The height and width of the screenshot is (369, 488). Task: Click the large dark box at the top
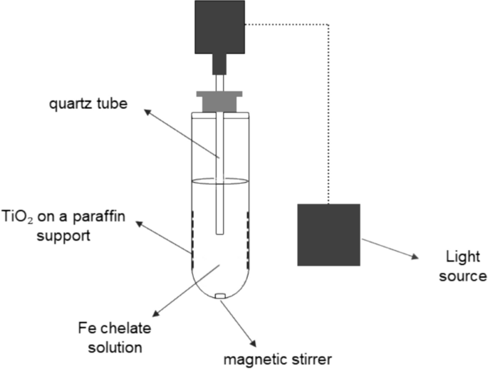tap(219, 26)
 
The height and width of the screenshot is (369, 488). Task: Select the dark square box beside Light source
tap(328, 235)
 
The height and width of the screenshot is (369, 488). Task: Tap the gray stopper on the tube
tap(219, 100)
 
